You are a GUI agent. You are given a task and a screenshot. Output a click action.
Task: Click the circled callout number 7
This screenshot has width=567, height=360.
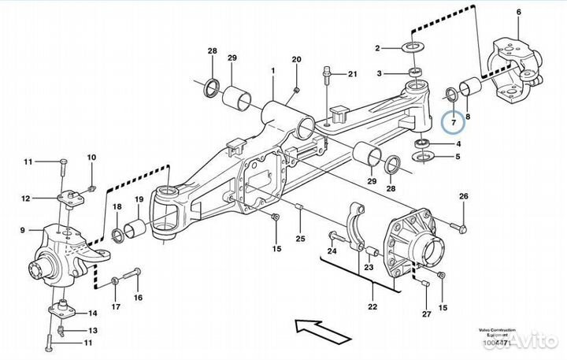pos(452,122)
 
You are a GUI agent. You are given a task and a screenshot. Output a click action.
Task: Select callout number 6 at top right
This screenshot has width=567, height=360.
pos(518,13)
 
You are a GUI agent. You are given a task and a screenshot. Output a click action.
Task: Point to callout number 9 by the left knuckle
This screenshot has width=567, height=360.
pos(23,231)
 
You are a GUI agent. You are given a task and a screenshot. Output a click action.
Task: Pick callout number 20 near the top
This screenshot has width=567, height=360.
pos(296,60)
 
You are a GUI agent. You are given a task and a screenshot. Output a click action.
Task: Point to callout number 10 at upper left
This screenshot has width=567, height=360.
pos(91,158)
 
